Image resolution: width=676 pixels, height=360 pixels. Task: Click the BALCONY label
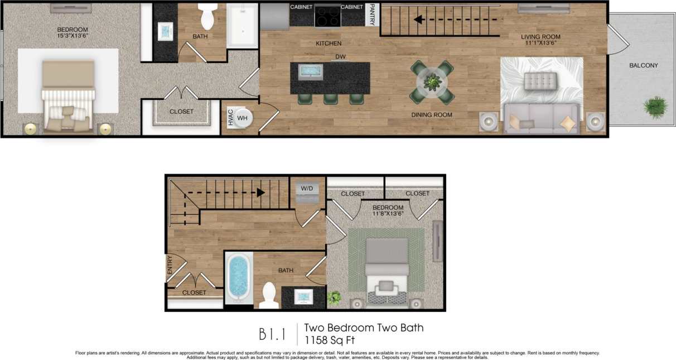pyautogui.click(x=643, y=65)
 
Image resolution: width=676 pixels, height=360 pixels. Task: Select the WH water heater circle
pyautogui.click(x=243, y=118)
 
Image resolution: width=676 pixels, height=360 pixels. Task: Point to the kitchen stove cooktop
pyautogui.click(x=327, y=16)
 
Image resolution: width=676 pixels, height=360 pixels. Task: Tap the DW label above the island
pyautogui.click(x=340, y=57)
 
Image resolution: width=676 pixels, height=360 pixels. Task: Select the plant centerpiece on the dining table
pyautogui.click(x=432, y=82)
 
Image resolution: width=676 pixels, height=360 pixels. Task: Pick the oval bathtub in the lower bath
pyautogui.click(x=239, y=277)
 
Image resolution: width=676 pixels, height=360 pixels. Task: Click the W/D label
pyautogui.click(x=307, y=189)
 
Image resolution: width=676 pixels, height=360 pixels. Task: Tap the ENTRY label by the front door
pyautogui.click(x=170, y=265)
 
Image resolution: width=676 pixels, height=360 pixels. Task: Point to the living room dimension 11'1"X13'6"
pyautogui.click(x=540, y=44)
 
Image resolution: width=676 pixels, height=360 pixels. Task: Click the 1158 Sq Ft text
pyautogui.click(x=330, y=339)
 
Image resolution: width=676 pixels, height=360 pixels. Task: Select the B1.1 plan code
pyautogui.click(x=272, y=334)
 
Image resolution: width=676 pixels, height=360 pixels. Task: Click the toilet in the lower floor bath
pyautogui.click(x=269, y=295)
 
